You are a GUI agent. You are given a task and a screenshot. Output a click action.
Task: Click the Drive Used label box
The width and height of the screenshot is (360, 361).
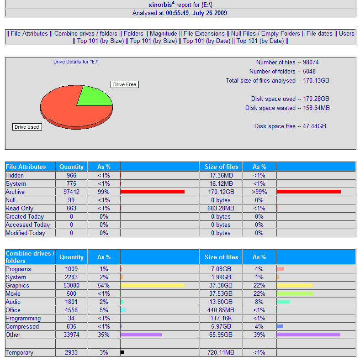pyautogui.click(x=27, y=127)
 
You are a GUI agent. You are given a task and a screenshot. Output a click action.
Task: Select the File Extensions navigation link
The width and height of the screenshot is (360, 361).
pyautogui.click(x=204, y=33)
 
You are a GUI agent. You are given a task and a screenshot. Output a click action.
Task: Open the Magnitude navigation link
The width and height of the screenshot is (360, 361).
pyautogui.click(x=163, y=33)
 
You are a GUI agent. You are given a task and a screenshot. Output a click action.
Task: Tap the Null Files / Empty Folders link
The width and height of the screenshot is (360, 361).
pyautogui.click(x=265, y=33)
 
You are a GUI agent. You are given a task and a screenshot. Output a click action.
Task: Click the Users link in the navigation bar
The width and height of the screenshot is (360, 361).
pyautogui.click(x=346, y=33)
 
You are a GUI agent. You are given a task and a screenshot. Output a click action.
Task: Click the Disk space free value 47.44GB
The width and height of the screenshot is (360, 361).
pyautogui.click(x=314, y=126)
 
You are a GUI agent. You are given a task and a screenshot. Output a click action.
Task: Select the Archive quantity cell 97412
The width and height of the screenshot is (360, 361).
pyautogui.click(x=71, y=192)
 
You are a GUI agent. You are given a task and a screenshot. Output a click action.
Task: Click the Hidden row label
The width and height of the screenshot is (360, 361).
pyautogui.click(x=15, y=176)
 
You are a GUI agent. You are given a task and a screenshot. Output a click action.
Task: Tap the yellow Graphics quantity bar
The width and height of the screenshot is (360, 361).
pyautogui.click(x=152, y=285)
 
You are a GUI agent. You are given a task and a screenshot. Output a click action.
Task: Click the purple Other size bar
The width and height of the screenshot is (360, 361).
pyautogui.click(x=308, y=335)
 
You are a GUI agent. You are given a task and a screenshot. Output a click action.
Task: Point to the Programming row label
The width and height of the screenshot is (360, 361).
pyautogui.click(x=23, y=318)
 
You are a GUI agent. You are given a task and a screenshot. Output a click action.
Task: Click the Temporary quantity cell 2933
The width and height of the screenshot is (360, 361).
pyautogui.click(x=71, y=352)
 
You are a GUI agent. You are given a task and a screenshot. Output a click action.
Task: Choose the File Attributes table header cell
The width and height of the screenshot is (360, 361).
pyautogui.click(x=26, y=167)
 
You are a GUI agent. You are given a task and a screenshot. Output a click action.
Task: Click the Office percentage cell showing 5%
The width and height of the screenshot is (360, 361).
pyautogui.click(x=104, y=310)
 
